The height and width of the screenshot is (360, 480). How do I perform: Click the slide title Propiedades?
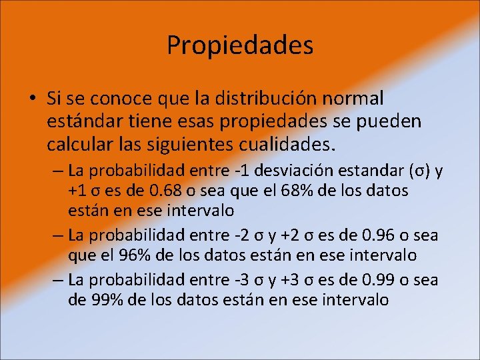click(x=240, y=45)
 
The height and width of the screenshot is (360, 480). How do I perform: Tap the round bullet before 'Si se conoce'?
click(x=32, y=99)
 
